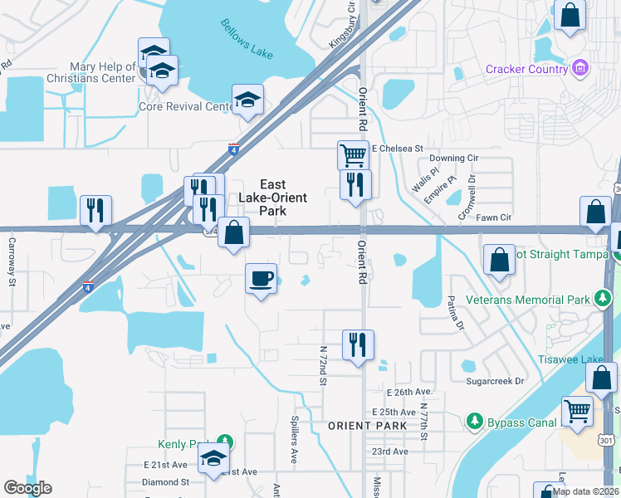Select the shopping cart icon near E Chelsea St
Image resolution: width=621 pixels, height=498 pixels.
353,154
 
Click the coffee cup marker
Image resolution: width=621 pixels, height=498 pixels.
262,277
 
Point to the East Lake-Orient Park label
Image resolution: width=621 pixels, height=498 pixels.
272,198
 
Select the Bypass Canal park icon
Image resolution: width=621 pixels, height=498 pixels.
475,422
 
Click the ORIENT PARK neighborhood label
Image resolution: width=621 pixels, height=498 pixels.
367,426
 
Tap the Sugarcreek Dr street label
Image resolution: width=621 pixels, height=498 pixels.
496,381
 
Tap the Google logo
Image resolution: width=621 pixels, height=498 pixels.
27,488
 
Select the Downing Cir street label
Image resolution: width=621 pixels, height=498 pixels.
453,158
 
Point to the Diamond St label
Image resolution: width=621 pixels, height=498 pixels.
165,481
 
